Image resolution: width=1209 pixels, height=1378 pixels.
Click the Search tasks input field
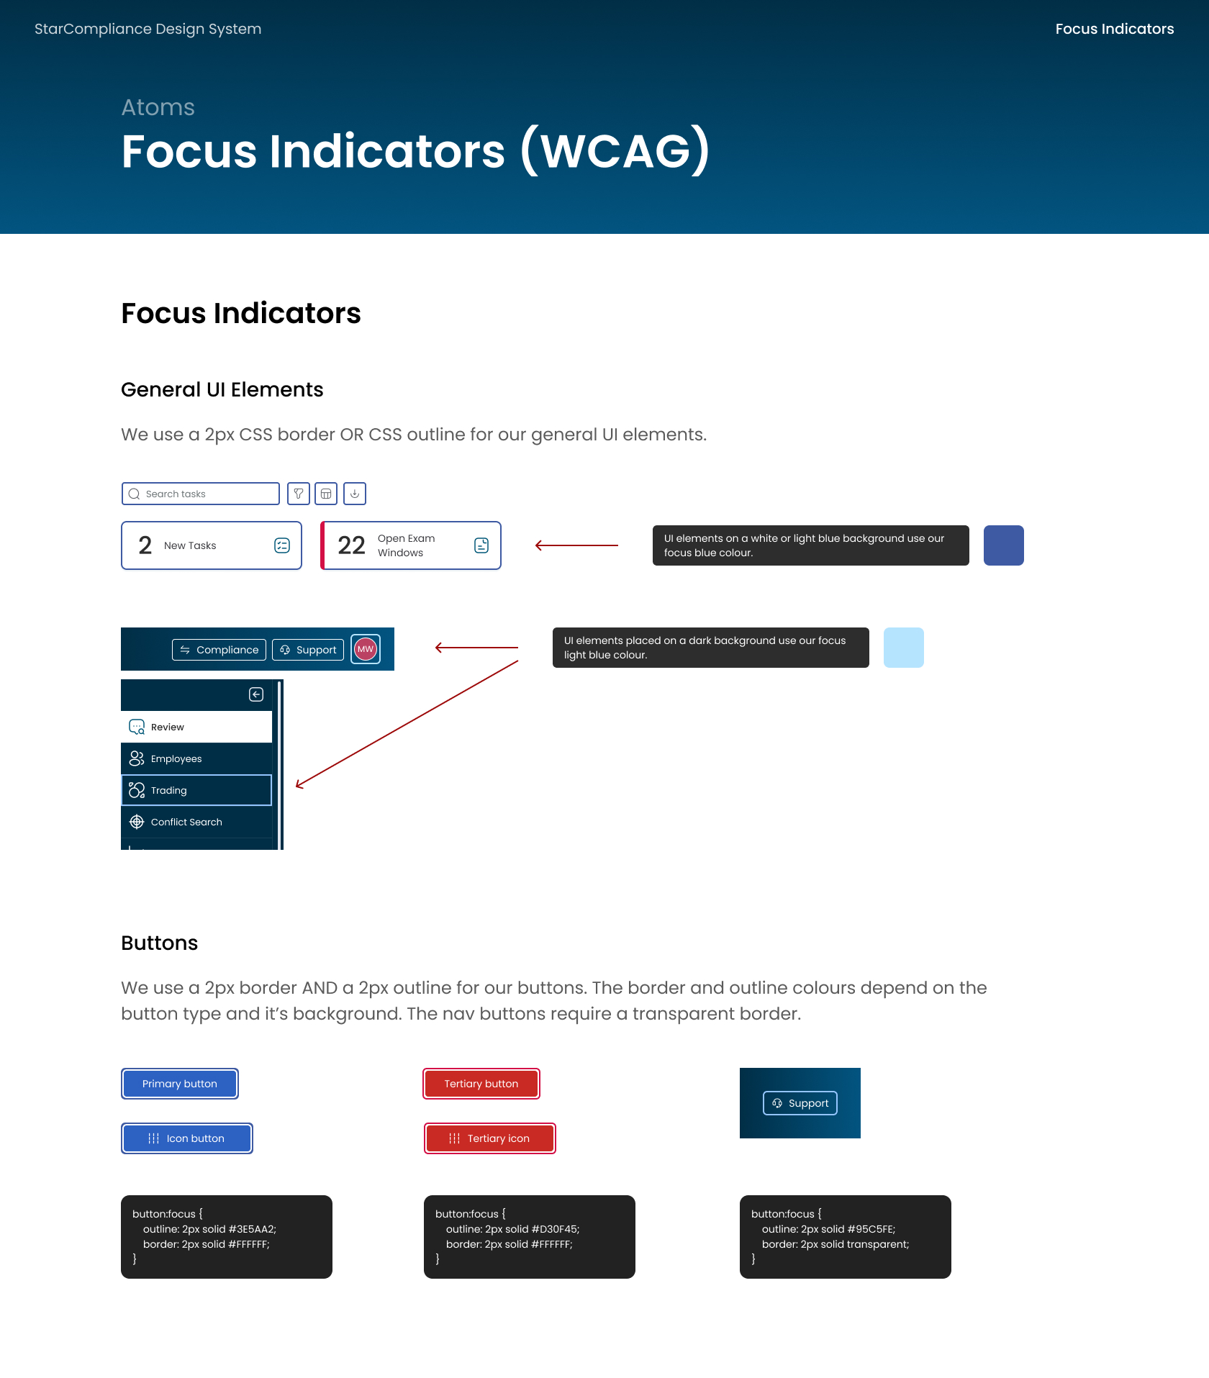pyautogui.click(x=200, y=494)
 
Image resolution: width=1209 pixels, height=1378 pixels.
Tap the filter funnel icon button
pyautogui.click(x=299, y=494)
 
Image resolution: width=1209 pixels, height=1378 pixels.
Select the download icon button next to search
pyautogui.click(x=355, y=494)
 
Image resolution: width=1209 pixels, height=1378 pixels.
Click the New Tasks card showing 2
pyautogui.click(x=212, y=545)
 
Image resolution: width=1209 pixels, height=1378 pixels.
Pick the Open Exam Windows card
pyautogui.click(x=411, y=545)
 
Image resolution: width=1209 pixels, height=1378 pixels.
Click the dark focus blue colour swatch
pyautogui.click(x=1004, y=545)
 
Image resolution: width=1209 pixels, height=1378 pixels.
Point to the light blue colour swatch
pyautogui.click(x=904, y=648)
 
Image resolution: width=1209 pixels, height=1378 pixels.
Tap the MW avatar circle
pyautogui.click(x=366, y=649)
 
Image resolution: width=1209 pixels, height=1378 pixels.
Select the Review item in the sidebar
pyautogui.click(x=196, y=727)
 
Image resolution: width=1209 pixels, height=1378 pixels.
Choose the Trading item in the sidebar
pyautogui.click(x=196, y=790)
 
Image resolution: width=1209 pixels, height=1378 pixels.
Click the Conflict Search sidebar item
pyautogui.click(x=196, y=822)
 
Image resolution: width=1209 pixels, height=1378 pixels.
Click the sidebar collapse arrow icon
pyautogui.click(x=256, y=694)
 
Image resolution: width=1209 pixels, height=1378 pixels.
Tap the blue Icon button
pyautogui.click(x=187, y=1138)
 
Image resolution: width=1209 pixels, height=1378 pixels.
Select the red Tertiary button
pyautogui.click(x=481, y=1084)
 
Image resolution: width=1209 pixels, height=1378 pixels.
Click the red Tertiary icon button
pyautogui.click(x=490, y=1138)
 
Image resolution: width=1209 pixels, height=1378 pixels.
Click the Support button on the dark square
pyautogui.click(x=800, y=1103)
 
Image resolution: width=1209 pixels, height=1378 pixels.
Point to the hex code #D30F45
pyautogui.click(x=554, y=1229)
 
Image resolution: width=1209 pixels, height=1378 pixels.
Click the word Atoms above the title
pyautogui.click(x=158, y=107)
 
